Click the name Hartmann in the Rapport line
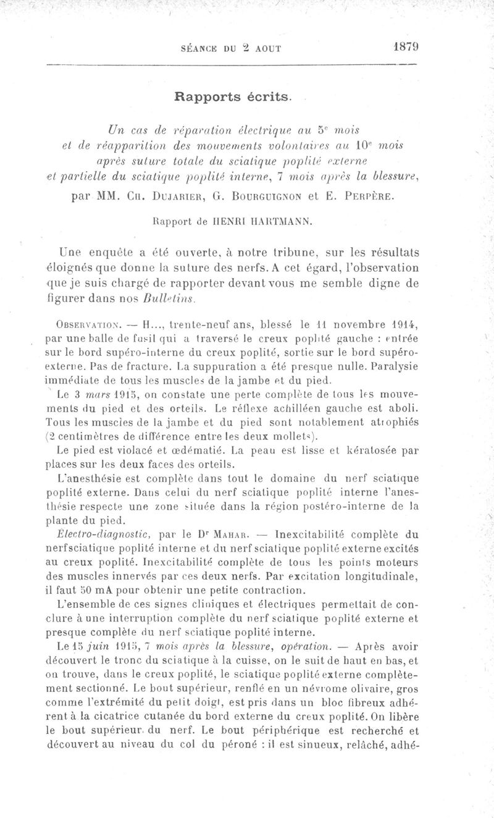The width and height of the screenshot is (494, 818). point(296,221)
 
